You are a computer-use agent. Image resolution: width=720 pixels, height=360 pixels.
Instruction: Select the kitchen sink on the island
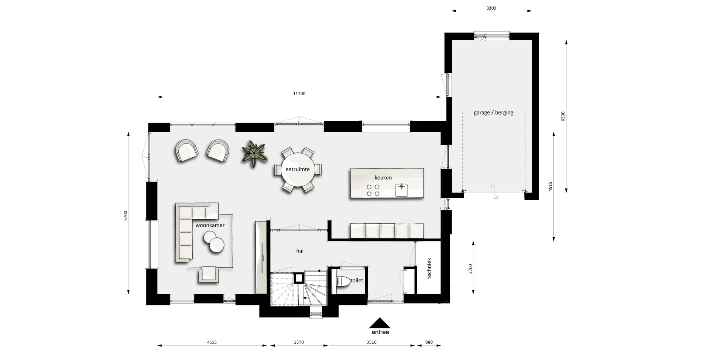click(401, 189)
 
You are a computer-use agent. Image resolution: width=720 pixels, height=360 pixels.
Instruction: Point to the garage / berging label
click(493, 113)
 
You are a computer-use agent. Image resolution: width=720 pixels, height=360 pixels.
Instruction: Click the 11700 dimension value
click(299, 94)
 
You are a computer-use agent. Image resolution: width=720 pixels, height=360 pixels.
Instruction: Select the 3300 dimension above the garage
click(491, 8)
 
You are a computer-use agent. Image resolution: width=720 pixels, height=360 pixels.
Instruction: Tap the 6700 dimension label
click(126, 216)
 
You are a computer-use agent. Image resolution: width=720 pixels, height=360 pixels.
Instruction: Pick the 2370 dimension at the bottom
click(299, 342)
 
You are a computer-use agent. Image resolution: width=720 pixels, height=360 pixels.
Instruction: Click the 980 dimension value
click(429, 342)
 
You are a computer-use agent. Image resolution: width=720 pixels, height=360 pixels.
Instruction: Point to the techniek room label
click(429, 268)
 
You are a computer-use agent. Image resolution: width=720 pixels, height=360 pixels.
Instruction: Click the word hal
click(300, 251)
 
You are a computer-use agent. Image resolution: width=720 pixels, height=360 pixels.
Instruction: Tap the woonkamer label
click(210, 225)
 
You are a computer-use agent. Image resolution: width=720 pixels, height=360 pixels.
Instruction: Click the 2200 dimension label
click(470, 269)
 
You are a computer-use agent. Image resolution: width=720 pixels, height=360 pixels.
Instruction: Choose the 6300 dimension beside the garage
click(563, 116)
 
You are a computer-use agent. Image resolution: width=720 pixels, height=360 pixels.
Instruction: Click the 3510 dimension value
click(371, 342)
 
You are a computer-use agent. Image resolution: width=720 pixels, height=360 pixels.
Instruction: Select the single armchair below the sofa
click(209, 274)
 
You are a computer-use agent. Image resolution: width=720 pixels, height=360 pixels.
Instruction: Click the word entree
click(380, 332)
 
